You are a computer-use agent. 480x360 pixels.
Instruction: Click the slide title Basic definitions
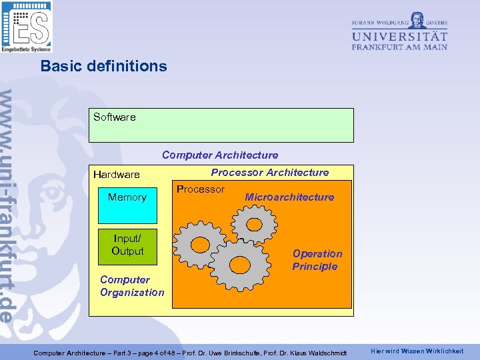103,66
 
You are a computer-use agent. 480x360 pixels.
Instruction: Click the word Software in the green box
114,117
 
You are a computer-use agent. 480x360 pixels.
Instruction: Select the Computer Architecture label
220,155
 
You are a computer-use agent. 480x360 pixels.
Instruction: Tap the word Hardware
117,175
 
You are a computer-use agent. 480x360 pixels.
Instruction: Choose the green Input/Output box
127,244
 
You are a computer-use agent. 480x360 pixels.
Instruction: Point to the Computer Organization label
131,286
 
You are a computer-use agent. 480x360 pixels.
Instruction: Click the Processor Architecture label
269,173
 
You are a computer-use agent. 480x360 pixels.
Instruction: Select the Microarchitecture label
289,197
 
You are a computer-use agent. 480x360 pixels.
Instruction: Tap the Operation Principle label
316,260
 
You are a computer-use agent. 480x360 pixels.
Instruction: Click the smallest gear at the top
254,221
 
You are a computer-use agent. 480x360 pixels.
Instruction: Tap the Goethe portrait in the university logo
417,19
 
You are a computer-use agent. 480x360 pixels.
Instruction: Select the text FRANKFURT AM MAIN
399,47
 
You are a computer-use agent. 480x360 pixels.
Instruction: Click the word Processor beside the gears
200,189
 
